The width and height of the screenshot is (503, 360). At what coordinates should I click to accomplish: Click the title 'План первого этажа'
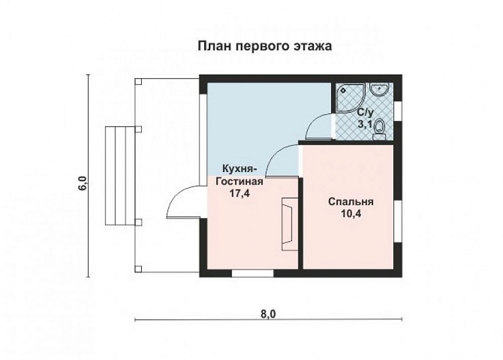coord(265,47)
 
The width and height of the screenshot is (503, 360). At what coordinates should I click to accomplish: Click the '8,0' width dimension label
coord(268,313)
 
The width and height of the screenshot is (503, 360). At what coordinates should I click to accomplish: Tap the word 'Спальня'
coord(351,202)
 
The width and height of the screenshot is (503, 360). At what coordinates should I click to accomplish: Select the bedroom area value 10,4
coord(351,214)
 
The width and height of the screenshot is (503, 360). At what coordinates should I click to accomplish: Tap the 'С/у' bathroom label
coord(365,112)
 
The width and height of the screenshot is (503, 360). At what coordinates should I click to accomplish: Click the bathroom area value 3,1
coord(365,122)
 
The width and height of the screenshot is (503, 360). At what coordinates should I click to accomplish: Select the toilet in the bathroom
coord(379,133)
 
